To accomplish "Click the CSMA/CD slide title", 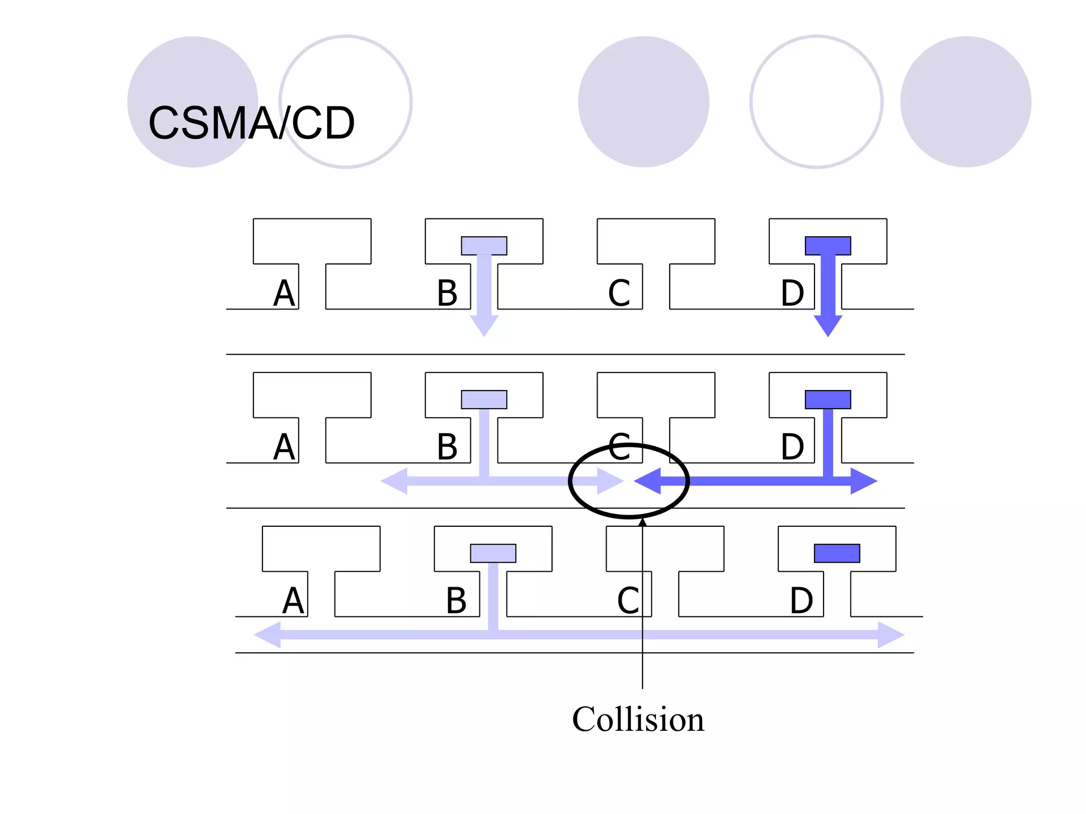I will point(251,123).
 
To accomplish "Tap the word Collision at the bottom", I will point(638,719).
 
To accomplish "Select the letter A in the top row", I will point(284,293).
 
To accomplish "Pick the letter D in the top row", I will point(792,293).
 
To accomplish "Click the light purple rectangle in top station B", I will point(484,245).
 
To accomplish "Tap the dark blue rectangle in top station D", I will point(828,245).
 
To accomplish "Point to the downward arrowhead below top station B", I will point(484,324).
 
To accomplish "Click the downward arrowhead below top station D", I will point(828,324).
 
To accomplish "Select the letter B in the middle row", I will point(447,447).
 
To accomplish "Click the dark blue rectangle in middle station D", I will point(828,399).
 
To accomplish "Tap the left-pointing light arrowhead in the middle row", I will point(395,481).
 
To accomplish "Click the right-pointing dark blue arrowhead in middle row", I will point(863,481).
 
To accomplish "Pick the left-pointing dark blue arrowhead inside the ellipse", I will point(648,481).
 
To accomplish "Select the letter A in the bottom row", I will point(293,600).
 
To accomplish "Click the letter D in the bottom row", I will point(801,600).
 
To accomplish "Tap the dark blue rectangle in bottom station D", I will point(837,553).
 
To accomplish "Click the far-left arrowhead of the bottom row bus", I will point(268,634).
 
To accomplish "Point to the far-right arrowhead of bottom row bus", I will point(890,634).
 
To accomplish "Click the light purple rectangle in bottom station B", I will point(493,553).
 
